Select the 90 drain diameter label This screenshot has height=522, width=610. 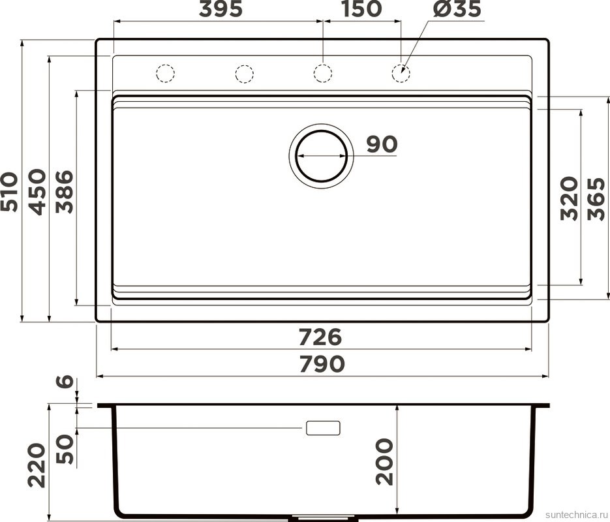(381, 144)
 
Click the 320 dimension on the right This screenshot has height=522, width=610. (569, 198)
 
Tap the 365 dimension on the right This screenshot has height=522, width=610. (596, 198)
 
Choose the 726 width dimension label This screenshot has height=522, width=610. (320, 337)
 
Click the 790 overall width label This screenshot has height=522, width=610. (322, 364)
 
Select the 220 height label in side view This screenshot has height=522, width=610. (37, 465)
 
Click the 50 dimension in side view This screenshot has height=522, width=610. (65, 448)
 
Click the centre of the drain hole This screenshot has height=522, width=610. (321, 157)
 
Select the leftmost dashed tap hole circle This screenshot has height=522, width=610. (166, 73)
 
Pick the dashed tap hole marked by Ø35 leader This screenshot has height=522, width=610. (401, 73)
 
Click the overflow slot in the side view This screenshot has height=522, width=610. (323, 428)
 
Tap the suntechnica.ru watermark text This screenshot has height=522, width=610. (573, 514)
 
